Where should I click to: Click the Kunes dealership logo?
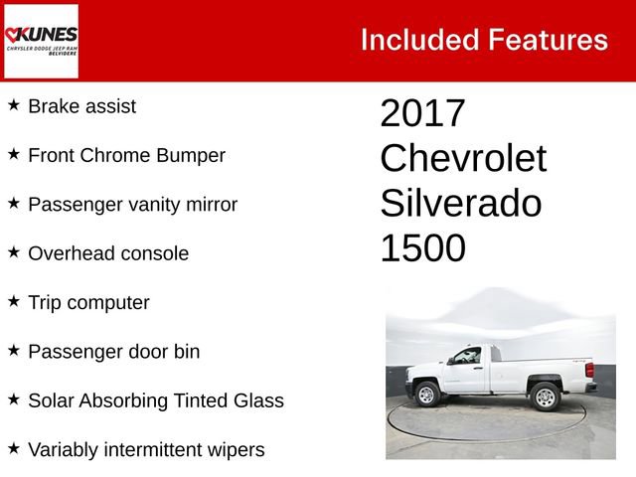(41, 41)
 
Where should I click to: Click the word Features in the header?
(548, 40)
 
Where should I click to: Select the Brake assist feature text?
(82, 105)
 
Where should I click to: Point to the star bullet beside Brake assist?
(14, 104)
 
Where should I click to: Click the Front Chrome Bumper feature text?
(126, 155)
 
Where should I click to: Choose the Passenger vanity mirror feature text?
(132, 205)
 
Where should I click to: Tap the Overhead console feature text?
(108, 253)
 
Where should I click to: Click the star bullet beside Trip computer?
(14, 301)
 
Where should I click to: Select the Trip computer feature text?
(88, 302)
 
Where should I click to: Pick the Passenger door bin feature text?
(114, 352)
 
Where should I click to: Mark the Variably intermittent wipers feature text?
(146, 450)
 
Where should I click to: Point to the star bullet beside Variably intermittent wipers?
(14, 449)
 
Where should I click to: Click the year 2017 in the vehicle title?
(422, 113)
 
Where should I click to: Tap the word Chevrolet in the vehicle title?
(463, 159)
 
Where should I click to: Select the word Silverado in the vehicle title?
(460, 204)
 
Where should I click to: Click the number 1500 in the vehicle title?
(422, 249)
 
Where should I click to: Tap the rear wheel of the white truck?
(546, 397)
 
